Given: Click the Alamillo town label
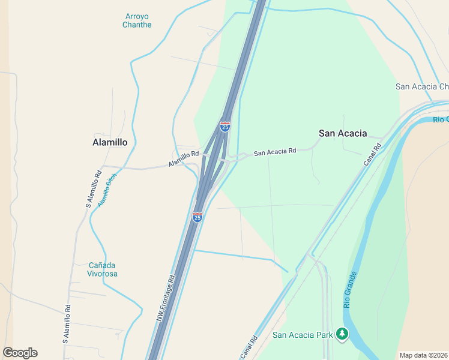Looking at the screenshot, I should pos(110,142).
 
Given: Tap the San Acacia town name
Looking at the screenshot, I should pos(342,133).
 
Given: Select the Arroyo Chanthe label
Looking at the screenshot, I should pos(137,20).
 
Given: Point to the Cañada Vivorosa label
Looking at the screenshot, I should pos(103,269).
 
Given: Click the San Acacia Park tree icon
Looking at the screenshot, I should pos(342,334).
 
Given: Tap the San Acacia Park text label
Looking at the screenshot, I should pos(302,335).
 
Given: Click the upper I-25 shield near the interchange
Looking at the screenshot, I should pos(225,127).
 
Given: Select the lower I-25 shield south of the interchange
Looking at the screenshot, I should pos(197,217).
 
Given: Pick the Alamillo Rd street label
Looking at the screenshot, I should pos(183,158).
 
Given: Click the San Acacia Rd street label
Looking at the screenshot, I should pos(275,152).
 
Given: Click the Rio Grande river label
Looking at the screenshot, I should pos(351,290).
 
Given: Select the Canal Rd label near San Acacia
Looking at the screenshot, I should pos(372,154).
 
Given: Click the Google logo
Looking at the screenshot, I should pos(20,353).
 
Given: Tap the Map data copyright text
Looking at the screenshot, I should pos(424,355).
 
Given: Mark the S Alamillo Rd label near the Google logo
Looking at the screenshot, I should pos(67,324).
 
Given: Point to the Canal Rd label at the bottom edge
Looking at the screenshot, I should pos(249,347).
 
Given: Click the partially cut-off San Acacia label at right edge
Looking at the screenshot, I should pos(422,86).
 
